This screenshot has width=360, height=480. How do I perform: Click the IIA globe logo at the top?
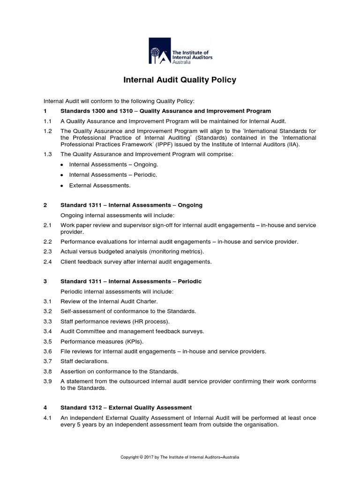[x=158, y=51]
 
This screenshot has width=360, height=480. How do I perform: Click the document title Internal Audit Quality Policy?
[x=180, y=80]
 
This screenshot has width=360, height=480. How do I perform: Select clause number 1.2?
[x=47, y=131]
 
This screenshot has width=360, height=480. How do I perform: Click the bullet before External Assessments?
[x=62, y=186]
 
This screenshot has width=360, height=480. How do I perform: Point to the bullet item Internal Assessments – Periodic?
[x=113, y=175]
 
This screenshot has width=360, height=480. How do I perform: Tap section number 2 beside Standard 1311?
[x=45, y=205]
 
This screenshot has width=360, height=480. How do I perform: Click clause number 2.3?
[x=47, y=252]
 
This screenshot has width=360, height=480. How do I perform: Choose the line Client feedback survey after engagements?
[x=136, y=262]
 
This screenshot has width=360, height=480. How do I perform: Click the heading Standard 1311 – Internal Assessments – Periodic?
[x=131, y=281]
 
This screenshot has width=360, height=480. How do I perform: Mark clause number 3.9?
[x=47, y=381]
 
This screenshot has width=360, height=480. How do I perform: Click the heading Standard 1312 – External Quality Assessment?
[x=126, y=407]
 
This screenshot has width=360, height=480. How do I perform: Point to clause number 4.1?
[x=47, y=418]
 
